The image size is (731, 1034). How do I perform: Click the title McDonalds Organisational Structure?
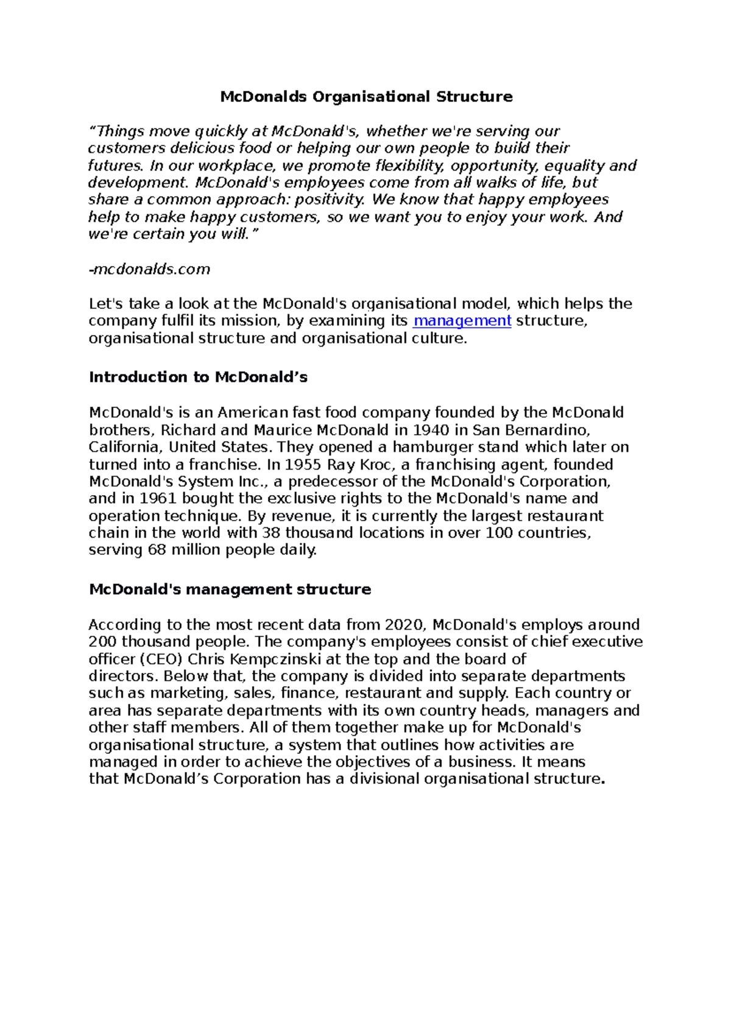[366, 97]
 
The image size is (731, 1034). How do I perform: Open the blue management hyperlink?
[462, 321]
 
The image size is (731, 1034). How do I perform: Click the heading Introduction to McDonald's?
[198, 378]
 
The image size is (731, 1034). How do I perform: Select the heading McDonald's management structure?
[230, 589]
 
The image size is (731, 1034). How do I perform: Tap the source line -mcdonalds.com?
[149, 269]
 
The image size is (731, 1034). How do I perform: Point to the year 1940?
[432, 430]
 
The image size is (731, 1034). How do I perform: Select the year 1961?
[158, 499]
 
